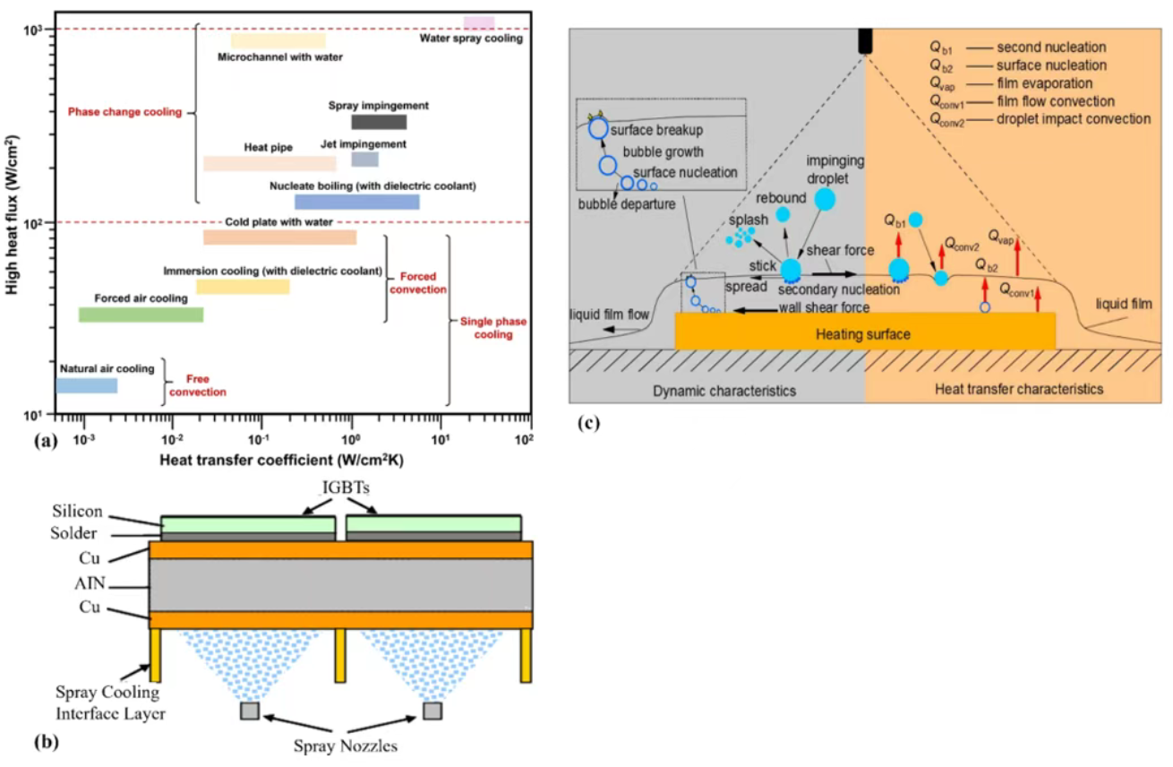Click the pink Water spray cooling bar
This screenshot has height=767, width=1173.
click(x=478, y=22)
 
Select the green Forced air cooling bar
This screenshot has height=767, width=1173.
click(x=141, y=315)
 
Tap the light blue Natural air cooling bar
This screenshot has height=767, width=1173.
click(x=87, y=385)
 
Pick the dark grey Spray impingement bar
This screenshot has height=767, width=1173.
click(x=378, y=122)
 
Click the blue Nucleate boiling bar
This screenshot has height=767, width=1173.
click(x=356, y=203)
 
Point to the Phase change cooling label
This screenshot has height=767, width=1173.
click(x=124, y=112)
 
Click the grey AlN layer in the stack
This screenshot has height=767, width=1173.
click(x=340, y=585)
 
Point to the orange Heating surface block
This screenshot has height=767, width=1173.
click(x=864, y=333)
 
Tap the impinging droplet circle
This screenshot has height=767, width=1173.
click(x=825, y=199)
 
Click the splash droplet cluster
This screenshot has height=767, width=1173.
click(x=740, y=237)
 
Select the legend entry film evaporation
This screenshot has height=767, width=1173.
click(x=1044, y=83)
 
